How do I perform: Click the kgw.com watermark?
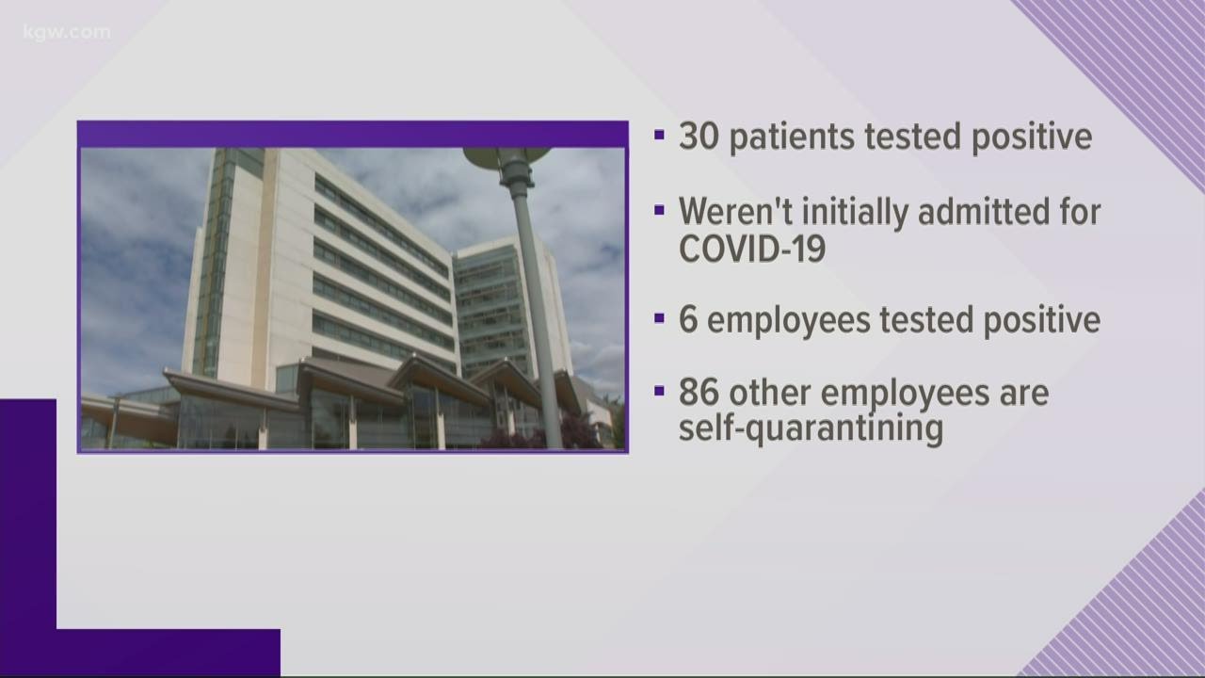click(67, 33)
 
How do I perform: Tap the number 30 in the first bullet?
click(700, 137)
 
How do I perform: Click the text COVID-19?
click(752, 249)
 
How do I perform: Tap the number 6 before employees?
click(689, 320)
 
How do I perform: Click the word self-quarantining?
click(811, 429)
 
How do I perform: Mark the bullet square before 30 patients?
click(659, 136)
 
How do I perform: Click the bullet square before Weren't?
click(659, 210)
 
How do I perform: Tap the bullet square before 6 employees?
click(659, 318)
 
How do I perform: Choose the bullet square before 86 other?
click(659, 391)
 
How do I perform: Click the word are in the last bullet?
click(1023, 393)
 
